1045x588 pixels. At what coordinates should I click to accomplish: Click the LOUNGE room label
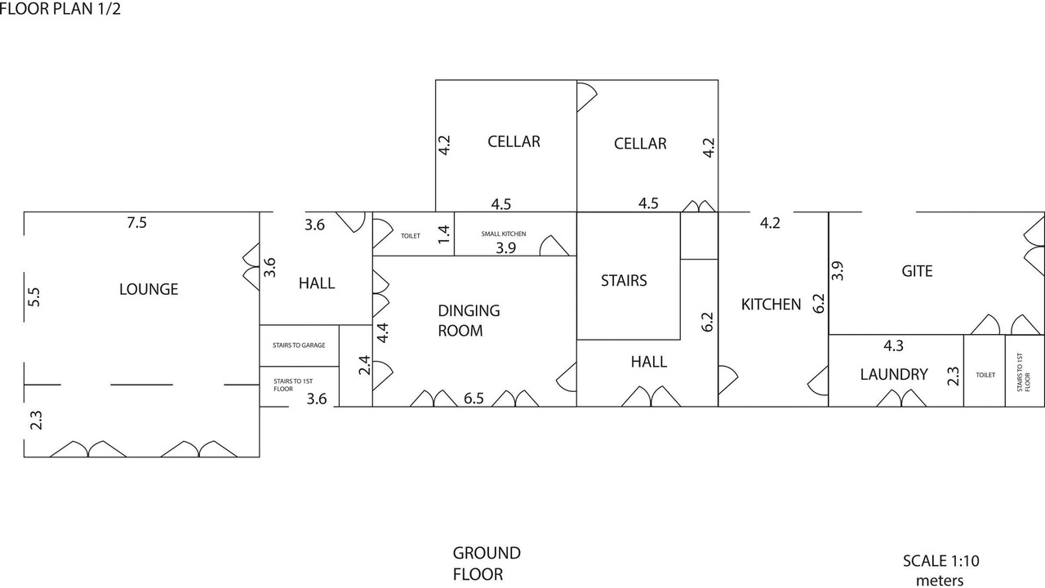(149, 289)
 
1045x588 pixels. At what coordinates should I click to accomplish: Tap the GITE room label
(917, 271)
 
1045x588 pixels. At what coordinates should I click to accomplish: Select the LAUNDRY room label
(894, 374)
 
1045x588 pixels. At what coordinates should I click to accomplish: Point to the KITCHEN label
(771, 305)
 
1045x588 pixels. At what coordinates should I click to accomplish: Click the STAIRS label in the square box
(624, 280)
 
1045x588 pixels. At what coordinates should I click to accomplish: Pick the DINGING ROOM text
(469, 320)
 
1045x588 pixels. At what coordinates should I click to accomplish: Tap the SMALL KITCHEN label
(504, 234)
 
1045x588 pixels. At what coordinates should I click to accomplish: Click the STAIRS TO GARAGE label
(299, 345)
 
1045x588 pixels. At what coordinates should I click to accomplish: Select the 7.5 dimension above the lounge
(136, 222)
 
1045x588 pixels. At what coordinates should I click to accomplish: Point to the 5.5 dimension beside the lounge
(33, 296)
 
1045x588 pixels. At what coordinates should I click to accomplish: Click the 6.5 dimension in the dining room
(474, 399)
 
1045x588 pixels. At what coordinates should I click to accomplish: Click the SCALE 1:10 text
(940, 561)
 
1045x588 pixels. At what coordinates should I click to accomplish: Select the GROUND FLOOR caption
(487, 563)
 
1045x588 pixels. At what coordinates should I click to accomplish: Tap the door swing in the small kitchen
(554, 245)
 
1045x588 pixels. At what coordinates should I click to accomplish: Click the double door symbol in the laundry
(901, 399)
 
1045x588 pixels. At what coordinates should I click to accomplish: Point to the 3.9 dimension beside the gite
(837, 270)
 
